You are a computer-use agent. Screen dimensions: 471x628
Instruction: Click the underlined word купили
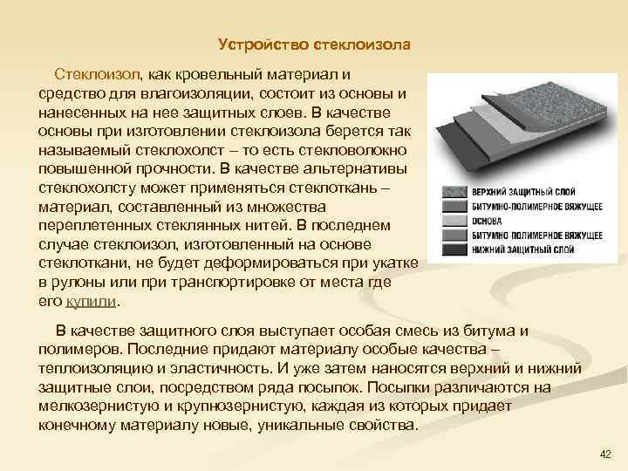pos(91,301)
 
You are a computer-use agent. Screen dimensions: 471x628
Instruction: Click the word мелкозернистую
pos(98,407)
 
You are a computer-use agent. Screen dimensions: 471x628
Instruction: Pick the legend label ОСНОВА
pos(488,222)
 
